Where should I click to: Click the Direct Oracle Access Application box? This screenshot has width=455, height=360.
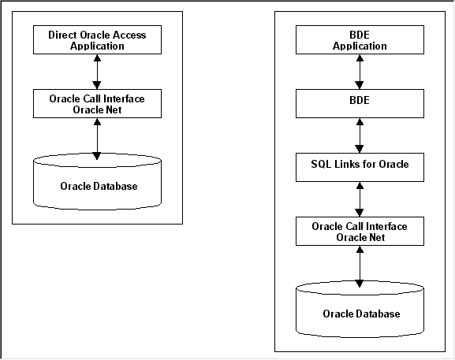[x=96, y=40]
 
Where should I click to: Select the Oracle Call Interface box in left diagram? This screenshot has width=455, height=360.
[x=96, y=103]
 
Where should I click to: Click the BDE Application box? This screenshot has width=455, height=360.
[x=360, y=40]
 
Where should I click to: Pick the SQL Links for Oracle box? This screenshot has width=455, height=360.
[x=360, y=167]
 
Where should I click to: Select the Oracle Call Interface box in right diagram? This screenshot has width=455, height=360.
[x=360, y=231]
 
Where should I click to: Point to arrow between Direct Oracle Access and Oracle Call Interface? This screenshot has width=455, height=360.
[x=96, y=72]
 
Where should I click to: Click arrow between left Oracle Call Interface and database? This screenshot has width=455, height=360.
[x=96, y=138]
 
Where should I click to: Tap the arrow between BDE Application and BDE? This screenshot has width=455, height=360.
[x=360, y=72]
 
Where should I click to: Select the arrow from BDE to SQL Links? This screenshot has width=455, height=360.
[x=360, y=135]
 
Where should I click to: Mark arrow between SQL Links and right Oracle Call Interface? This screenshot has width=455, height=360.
[x=360, y=199]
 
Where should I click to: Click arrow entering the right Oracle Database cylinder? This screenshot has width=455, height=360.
[x=360, y=265]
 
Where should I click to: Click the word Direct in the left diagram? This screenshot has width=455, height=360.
[x=63, y=35]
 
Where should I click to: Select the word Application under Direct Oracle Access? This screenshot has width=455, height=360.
[x=96, y=46]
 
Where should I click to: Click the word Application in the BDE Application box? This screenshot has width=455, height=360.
[x=360, y=46]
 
